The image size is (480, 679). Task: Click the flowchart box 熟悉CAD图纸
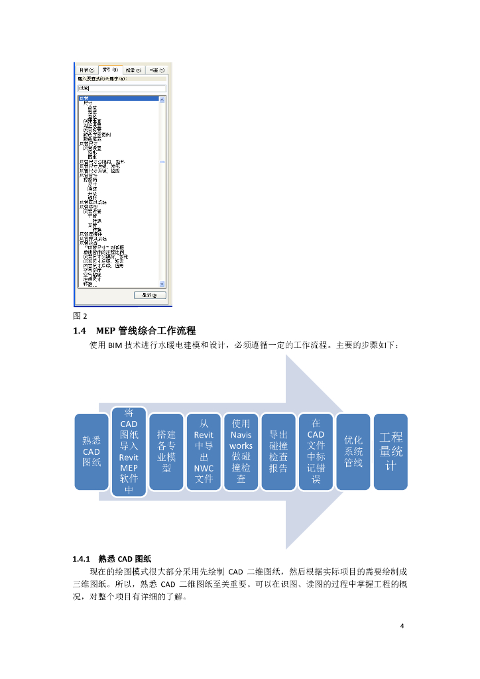[91, 452]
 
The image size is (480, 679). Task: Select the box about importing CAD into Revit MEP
[129, 452]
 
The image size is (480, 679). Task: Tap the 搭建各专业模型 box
[166, 452]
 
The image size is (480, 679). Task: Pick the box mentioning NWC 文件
[204, 452]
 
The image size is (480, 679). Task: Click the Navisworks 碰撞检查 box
[241, 452]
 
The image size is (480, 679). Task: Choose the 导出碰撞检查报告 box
[278, 452]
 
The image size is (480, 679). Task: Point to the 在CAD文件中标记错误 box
[316, 452]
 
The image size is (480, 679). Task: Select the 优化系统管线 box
[353, 452]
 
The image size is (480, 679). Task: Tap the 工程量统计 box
[391, 452]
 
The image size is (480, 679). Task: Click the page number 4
[402, 626]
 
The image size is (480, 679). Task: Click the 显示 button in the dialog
[149, 294]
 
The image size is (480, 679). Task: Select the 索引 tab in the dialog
[110, 70]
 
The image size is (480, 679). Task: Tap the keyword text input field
[121, 88]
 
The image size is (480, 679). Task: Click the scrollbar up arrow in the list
[162, 99]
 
